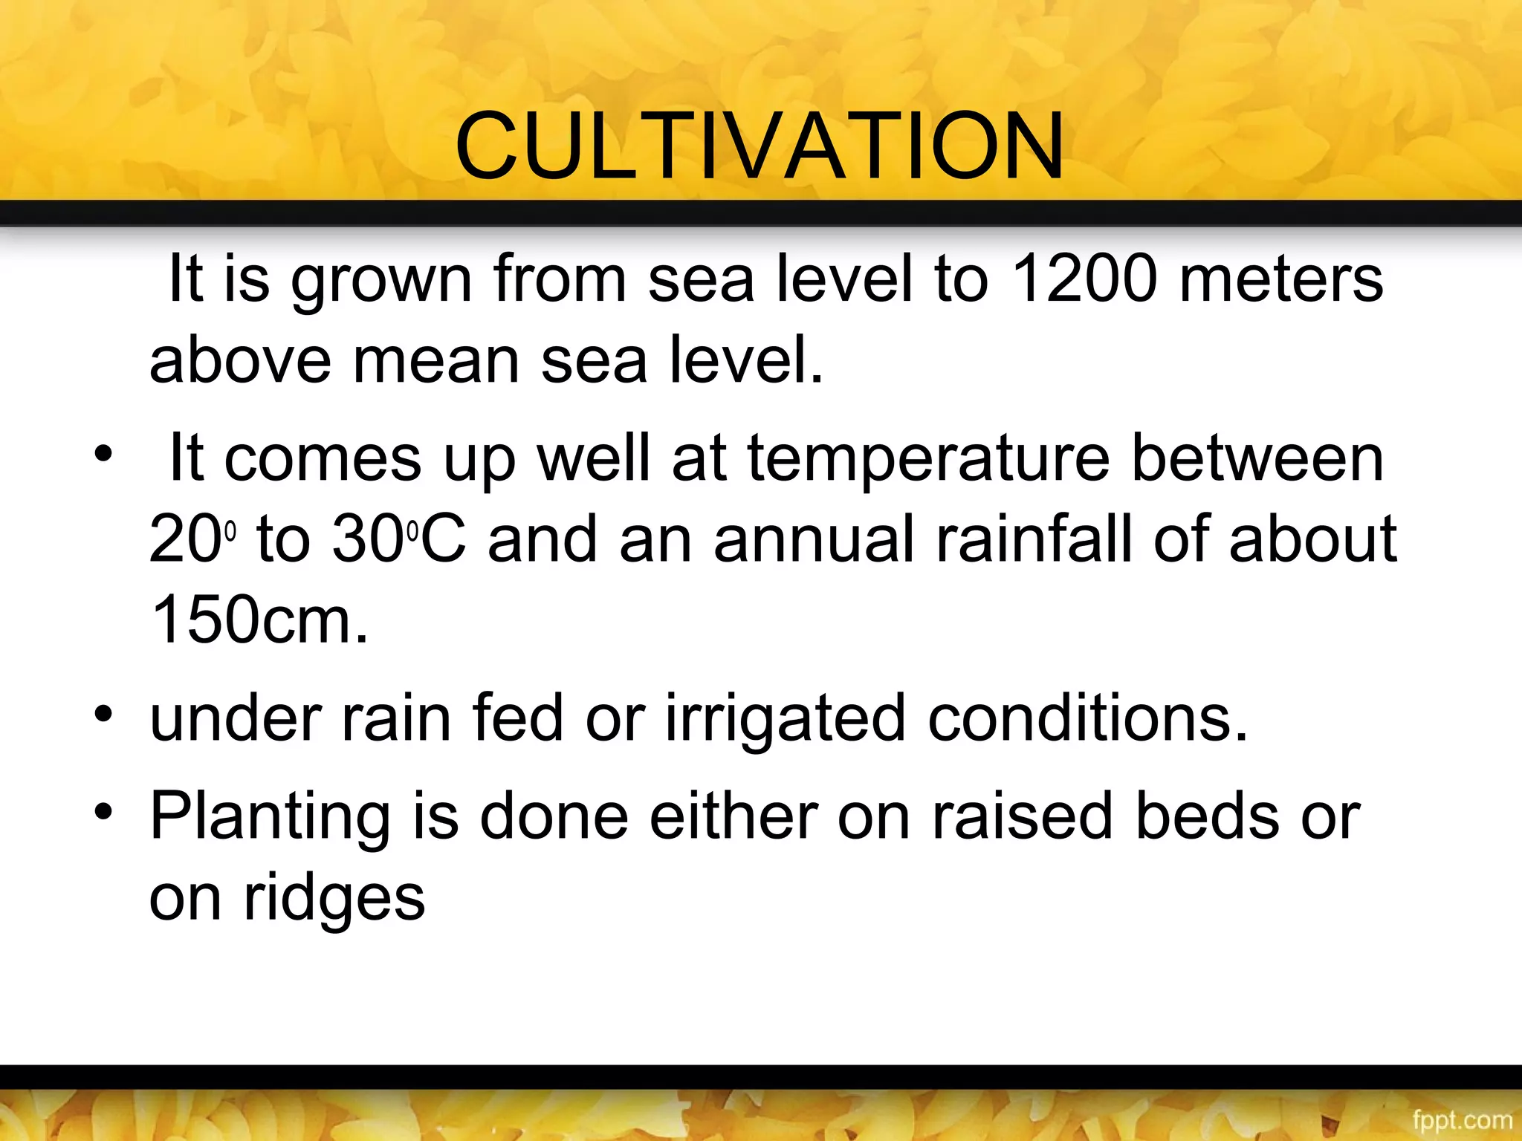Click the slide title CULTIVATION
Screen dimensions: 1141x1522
[760, 146]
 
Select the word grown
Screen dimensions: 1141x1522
[381, 281]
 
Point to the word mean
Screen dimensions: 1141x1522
[436, 360]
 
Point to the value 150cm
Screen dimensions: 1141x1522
[259, 620]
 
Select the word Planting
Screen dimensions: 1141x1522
[270, 818]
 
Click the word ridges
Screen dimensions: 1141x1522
[334, 900]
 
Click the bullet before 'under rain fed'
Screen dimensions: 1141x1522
[103, 715]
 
